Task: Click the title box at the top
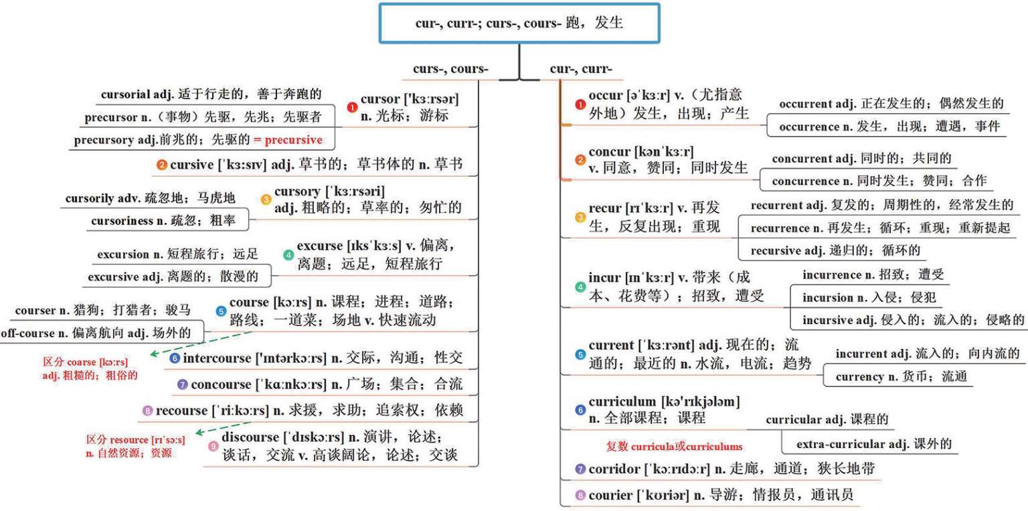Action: (x=519, y=23)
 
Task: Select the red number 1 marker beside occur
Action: (x=580, y=104)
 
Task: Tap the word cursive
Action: (x=191, y=164)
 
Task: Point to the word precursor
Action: (x=110, y=117)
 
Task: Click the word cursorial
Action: (x=124, y=94)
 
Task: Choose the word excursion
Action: (x=123, y=254)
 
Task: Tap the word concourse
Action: (x=220, y=384)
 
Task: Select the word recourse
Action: (x=181, y=410)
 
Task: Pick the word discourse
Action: (x=249, y=437)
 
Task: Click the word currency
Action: (x=859, y=376)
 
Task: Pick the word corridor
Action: (x=614, y=469)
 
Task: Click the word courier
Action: (x=611, y=496)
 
